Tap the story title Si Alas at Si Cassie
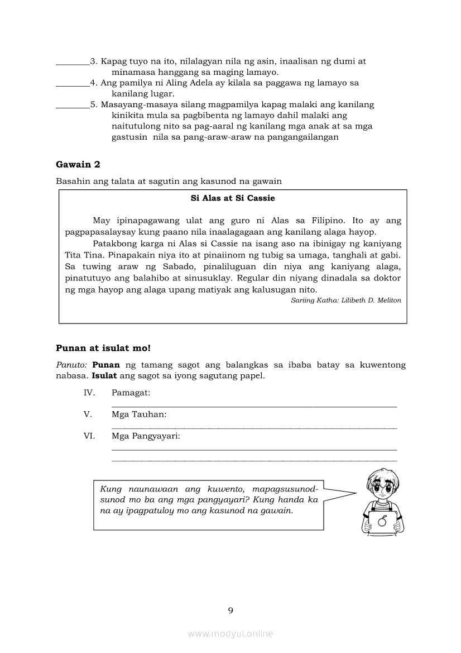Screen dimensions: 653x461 click(x=233, y=198)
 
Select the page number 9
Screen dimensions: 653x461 click(x=231, y=610)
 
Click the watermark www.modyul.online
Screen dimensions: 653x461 click(x=231, y=634)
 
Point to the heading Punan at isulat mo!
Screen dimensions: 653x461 click(x=103, y=348)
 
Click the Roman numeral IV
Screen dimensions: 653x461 click(x=89, y=393)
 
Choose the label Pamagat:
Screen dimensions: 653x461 click(x=131, y=393)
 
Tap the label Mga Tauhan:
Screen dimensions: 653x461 click(x=139, y=414)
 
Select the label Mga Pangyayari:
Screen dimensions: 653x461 click(x=146, y=436)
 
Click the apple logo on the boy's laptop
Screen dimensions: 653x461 click(x=382, y=521)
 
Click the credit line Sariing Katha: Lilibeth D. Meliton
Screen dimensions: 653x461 click(x=346, y=301)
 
